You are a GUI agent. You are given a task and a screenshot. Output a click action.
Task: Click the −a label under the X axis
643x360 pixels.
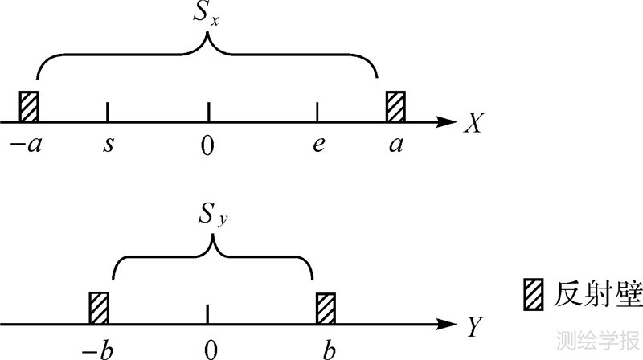point(31,146)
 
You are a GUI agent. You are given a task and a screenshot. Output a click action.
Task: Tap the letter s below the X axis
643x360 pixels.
point(109,146)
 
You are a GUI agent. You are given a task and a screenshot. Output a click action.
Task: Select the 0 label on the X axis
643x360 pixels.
point(208,145)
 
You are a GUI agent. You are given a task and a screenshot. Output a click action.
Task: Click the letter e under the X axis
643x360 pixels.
point(319,146)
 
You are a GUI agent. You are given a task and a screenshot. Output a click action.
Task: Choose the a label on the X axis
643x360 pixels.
point(395,146)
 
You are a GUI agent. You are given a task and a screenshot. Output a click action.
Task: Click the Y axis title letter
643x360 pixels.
point(474,325)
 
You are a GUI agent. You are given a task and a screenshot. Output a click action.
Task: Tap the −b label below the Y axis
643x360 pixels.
point(100,346)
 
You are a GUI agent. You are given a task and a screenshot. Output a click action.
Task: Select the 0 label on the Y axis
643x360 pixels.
point(210,347)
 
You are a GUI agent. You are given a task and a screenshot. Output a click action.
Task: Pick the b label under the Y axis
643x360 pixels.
point(326,346)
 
